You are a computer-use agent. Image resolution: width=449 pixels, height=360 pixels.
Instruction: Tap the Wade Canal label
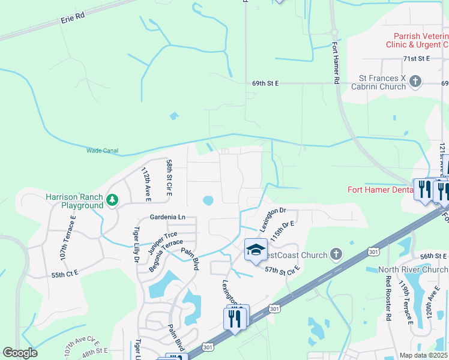[x=102, y=151]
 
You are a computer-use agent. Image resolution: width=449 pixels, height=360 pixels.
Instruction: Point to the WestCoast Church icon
[x=336, y=255]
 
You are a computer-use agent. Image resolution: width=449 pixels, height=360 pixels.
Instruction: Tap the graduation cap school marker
[x=256, y=250]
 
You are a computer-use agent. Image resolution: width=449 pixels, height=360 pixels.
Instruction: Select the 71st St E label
[x=417, y=58]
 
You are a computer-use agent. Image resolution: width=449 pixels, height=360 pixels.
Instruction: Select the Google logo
[x=20, y=353]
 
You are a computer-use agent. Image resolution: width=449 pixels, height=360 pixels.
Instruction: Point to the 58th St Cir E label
[x=169, y=178]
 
